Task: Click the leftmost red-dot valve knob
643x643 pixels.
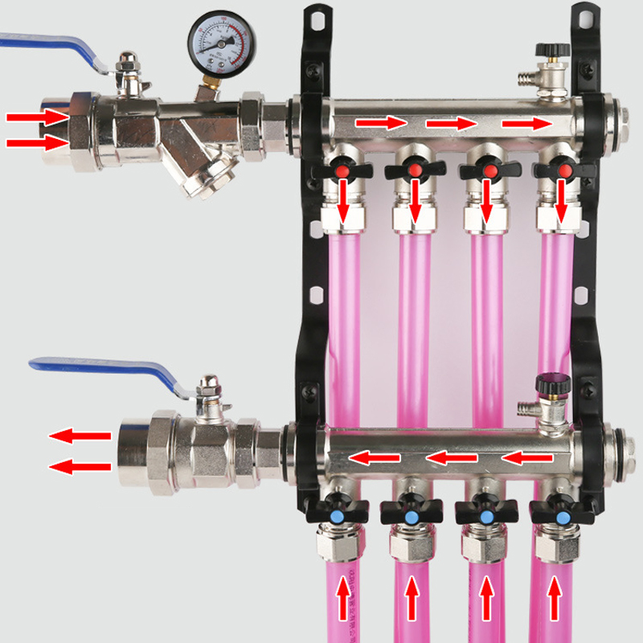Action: pos(342,170)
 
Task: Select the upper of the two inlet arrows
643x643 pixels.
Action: pos(36,117)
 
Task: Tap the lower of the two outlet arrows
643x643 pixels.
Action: pos(80,466)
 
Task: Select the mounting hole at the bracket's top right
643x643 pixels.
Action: pos(584,15)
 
